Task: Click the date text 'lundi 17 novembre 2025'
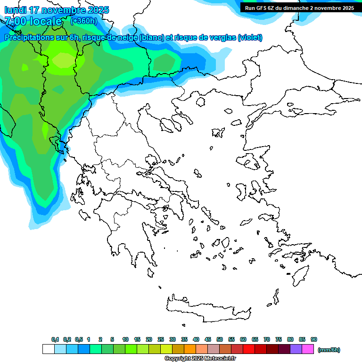57,10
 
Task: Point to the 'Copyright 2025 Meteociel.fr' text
200,359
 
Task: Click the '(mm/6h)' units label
329,350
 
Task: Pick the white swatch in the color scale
48,349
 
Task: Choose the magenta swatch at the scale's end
308,349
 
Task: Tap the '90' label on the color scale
314,339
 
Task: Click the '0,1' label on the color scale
55,339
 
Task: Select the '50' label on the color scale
220,339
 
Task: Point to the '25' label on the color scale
161,339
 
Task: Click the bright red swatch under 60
249,349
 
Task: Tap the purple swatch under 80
296,349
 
